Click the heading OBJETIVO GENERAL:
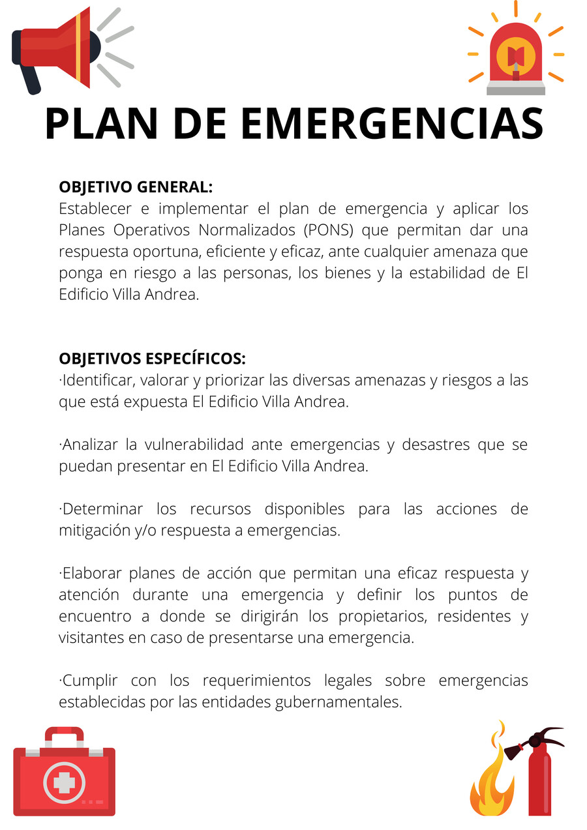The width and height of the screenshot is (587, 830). click(136, 187)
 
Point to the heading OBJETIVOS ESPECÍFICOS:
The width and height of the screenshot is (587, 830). click(153, 359)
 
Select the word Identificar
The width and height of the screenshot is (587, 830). click(97, 380)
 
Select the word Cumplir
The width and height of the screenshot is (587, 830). click(89, 681)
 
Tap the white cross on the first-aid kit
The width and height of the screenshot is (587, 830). click(64, 781)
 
